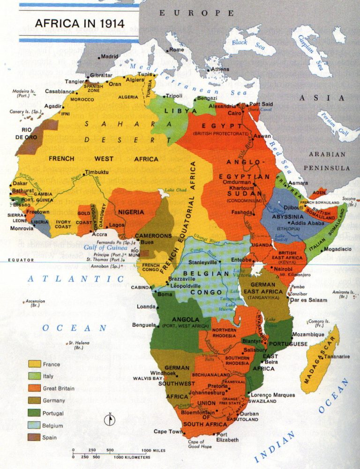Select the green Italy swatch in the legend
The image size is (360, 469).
(34, 376)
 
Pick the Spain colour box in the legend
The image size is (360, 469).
(34, 437)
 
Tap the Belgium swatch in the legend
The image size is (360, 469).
(34, 425)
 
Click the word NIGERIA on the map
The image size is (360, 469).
(131, 212)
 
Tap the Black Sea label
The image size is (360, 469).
(248, 45)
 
